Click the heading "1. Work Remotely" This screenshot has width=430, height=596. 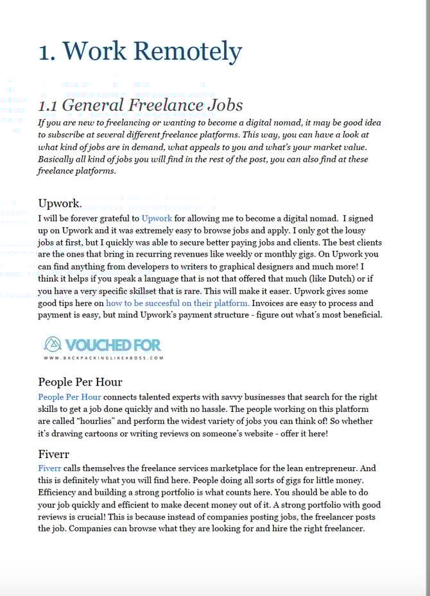click(x=140, y=51)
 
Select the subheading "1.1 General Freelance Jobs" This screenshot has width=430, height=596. click(x=140, y=105)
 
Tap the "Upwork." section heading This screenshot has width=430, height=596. click(x=60, y=203)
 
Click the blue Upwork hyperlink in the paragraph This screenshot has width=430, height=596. click(x=157, y=219)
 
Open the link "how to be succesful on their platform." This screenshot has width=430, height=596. click(x=177, y=303)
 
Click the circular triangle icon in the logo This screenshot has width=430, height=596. click(x=52, y=345)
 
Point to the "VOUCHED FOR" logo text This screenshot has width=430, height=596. click(x=113, y=345)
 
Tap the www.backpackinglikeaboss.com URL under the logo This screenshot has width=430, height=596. click(x=103, y=358)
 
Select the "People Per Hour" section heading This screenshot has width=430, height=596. click(x=80, y=382)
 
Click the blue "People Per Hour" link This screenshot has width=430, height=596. click(x=69, y=397)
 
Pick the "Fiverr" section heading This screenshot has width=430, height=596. click(x=53, y=454)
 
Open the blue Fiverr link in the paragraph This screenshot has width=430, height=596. click(x=49, y=469)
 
